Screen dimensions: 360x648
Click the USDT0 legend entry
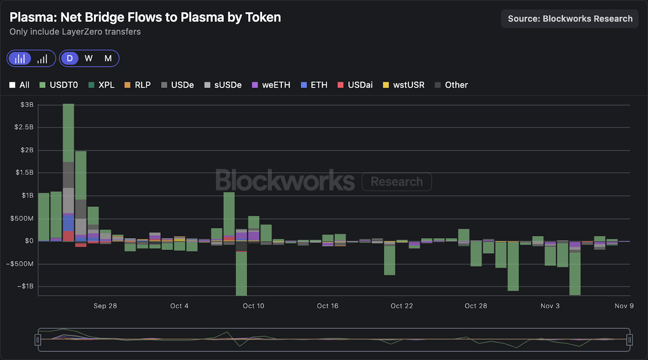59,85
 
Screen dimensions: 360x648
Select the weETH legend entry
271,85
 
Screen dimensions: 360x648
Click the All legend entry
20,85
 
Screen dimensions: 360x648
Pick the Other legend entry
451,85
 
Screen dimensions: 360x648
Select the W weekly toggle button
89,58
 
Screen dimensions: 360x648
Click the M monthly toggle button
108,58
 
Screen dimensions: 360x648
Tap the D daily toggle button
70,58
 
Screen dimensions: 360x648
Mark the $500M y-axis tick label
22,218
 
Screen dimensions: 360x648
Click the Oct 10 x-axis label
253,306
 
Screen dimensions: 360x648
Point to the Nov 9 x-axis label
623,306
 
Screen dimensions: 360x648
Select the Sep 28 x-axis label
105,306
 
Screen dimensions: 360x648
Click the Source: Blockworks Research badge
570,18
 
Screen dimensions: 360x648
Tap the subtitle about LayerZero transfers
75,32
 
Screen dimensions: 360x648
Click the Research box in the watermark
396,182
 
